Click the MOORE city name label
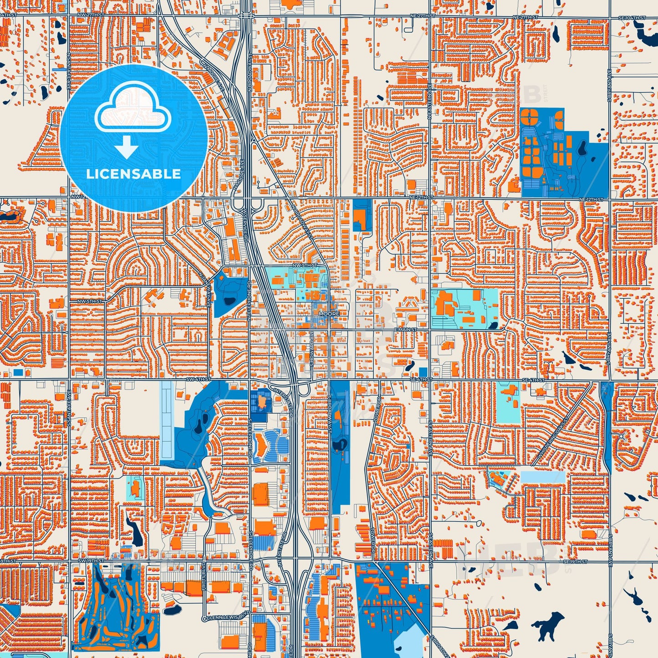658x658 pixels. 329,314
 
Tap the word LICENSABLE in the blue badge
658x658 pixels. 133,174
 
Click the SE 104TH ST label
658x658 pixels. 633,17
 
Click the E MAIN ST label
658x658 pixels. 406,329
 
